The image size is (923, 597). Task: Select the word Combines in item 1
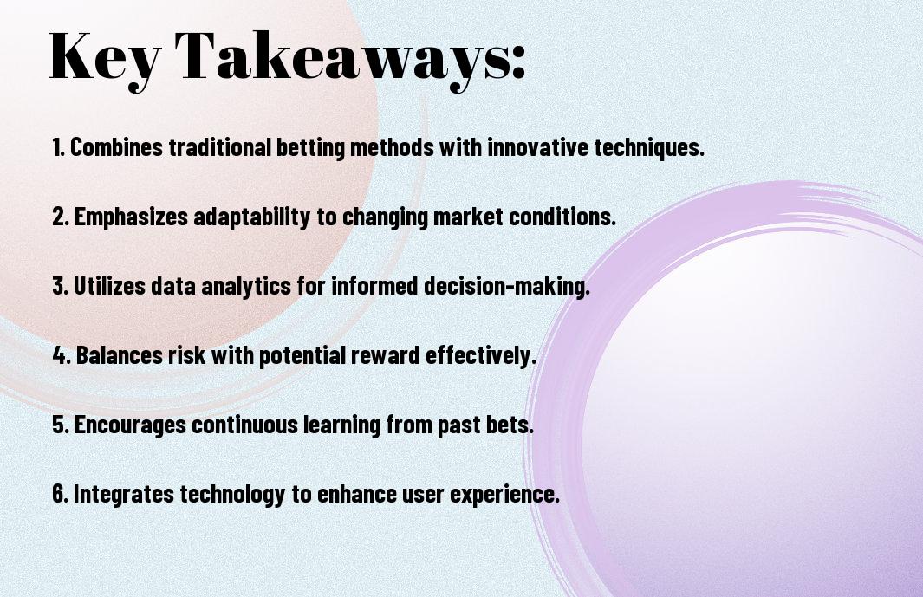116,147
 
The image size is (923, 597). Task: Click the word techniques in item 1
649,147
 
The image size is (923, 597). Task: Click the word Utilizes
109,286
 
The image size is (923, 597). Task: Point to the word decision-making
507,287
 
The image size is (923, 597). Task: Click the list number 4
61,355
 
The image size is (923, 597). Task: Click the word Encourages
130,425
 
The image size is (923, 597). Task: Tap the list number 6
60,493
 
